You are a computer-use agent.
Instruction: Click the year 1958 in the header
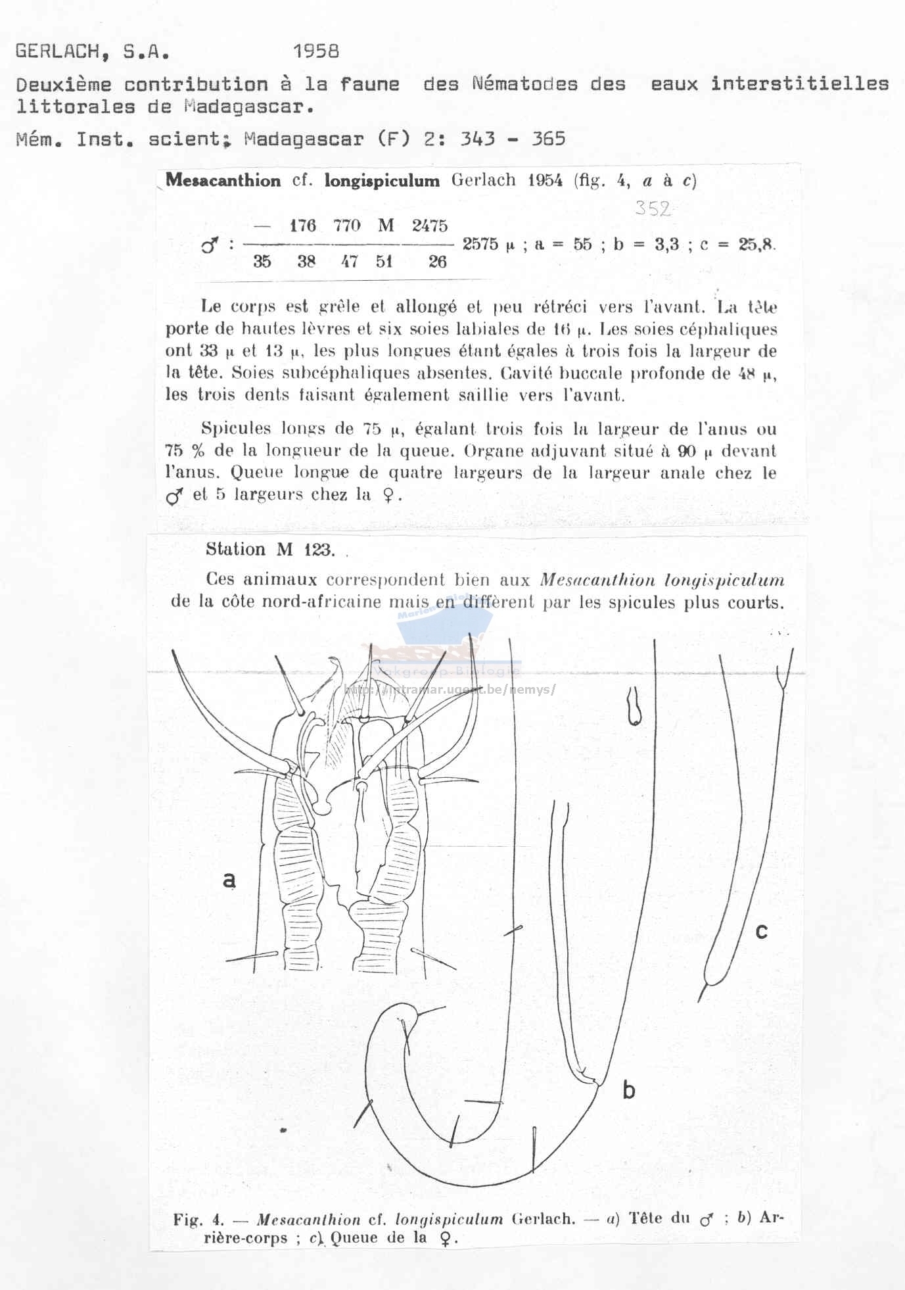point(316,51)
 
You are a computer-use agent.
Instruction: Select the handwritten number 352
point(653,208)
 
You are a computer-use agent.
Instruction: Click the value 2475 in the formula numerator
point(430,226)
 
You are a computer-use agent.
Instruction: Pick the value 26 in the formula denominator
point(437,262)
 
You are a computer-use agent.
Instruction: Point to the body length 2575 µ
point(489,244)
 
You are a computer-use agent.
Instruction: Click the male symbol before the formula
point(210,247)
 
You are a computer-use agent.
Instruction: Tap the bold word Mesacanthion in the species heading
point(223,181)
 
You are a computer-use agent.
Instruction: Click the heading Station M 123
point(270,550)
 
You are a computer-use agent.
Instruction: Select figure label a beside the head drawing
point(229,878)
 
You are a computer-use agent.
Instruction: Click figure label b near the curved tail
point(628,1090)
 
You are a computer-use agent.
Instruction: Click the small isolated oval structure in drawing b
point(634,706)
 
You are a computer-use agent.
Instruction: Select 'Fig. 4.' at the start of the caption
point(198,1219)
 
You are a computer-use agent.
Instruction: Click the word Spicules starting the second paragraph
point(236,429)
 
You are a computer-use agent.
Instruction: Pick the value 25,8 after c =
point(756,245)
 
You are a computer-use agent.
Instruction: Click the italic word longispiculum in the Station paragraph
point(724,581)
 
